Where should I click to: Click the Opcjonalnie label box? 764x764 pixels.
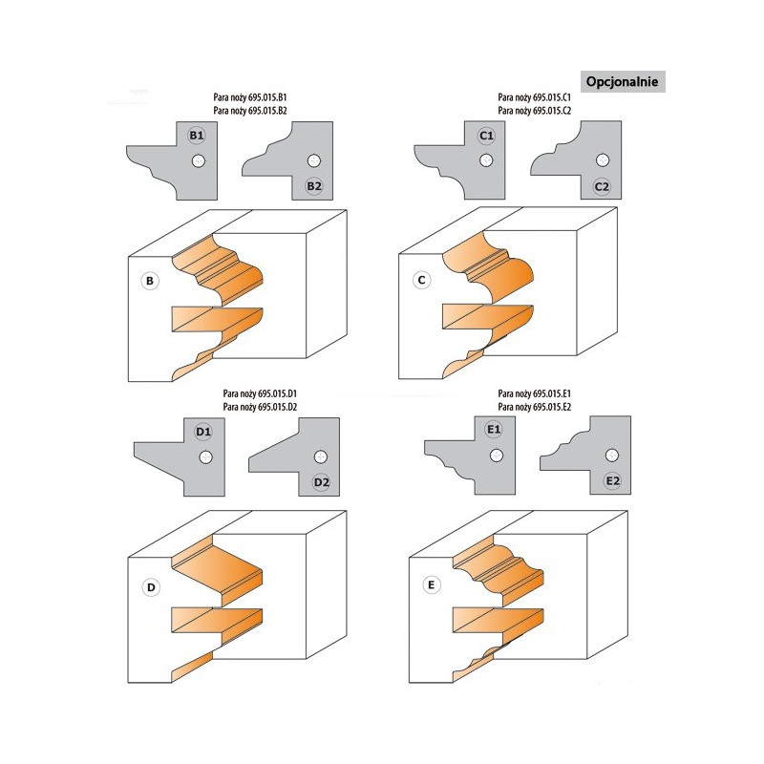click(623, 81)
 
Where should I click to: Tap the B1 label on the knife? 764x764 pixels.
click(197, 136)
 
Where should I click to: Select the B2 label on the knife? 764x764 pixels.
click(314, 186)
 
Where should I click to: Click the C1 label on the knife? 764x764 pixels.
click(486, 136)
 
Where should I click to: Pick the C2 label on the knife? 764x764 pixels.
click(603, 186)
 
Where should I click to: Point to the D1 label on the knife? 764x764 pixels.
click(203, 432)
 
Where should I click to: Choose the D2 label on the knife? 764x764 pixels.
click(322, 482)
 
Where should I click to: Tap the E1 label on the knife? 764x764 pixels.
click(494, 429)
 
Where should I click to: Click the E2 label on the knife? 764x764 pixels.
click(612, 481)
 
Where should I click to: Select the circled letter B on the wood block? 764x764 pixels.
click(150, 281)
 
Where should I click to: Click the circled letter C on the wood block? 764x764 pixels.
click(422, 280)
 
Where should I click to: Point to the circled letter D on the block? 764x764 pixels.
click(151, 587)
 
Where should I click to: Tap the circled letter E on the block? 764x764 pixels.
click(432, 584)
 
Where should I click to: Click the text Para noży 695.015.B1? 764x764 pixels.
click(250, 97)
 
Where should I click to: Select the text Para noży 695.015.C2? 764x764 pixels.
click(535, 111)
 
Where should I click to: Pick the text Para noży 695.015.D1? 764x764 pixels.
click(260, 393)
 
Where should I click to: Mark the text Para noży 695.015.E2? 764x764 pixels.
click(535, 407)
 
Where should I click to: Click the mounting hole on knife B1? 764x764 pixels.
click(199, 160)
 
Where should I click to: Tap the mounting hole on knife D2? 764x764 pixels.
click(321, 456)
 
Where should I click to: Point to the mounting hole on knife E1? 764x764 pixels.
click(497, 456)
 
